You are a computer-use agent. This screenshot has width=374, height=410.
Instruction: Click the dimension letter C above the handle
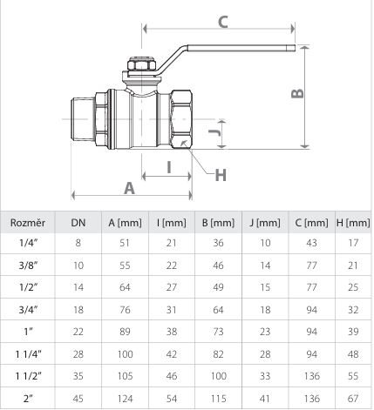pyautogui.click(x=223, y=22)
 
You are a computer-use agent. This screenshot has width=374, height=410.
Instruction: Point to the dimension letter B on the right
pyautogui.click(x=297, y=93)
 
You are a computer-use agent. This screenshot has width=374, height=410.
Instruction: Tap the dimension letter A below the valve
pyautogui.click(x=130, y=188)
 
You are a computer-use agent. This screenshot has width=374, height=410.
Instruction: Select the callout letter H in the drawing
pyautogui.click(x=221, y=175)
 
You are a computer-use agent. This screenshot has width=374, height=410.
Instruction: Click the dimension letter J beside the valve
pyautogui.click(x=215, y=132)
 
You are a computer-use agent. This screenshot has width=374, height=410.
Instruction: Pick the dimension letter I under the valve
pyautogui.click(x=169, y=167)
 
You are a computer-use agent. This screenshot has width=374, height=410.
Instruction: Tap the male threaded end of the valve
pyautogui.click(x=83, y=119)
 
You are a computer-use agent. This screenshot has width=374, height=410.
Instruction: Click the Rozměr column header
pyautogui.click(x=28, y=223)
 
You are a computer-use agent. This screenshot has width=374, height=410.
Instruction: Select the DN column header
pyautogui.click(x=78, y=223)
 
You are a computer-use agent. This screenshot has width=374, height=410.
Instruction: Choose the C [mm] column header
pyautogui.click(x=311, y=223)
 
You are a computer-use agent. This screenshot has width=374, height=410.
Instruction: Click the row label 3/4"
pyautogui.click(x=28, y=310)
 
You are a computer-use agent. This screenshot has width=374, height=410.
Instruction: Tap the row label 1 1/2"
pyautogui.click(x=28, y=376)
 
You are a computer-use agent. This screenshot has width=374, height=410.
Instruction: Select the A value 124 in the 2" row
pyautogui.click(x=125, y=399)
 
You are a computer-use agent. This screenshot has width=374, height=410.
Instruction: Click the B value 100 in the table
pyautogui.click(x=219, y=376)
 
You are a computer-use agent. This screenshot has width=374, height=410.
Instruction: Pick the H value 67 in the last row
pyautogui.click(x=353, y=399)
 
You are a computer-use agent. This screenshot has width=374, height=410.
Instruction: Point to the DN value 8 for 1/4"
pyautogui.click(x=78, y=243)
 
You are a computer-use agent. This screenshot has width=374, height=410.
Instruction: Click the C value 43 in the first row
pyautogui.click(x=311, y=243)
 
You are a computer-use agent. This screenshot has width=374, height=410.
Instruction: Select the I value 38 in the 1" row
pyautogui.click(x=172, y=332)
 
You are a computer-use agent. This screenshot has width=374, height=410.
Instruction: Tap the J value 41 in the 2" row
pyautogui.click(x=265, y=399)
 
